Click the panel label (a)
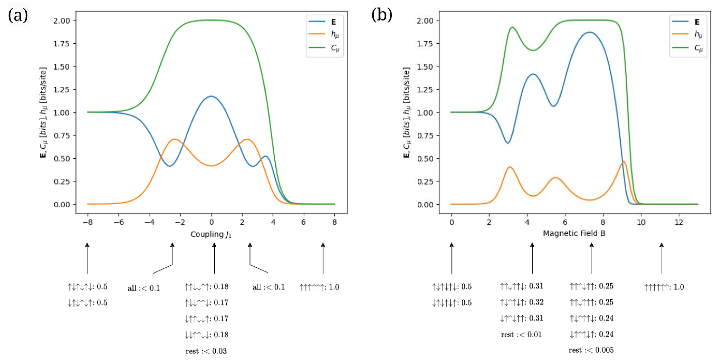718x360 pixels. [x=18, y=15]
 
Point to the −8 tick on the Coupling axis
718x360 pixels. [x=88, y=222]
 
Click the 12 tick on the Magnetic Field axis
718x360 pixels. [x=679, y=222]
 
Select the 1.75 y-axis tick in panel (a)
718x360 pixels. [x=61, y=44]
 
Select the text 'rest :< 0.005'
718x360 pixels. [x=591, y=350]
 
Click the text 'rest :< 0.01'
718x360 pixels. [x=521, y=334]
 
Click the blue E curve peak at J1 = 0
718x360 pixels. [x=211, y=97]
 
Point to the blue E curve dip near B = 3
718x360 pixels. [x=508, y=143]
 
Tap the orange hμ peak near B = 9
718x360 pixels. [x=624, y=162]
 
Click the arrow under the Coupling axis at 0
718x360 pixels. [x=214, y=258]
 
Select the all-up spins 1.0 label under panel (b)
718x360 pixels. [x=664, y=287]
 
